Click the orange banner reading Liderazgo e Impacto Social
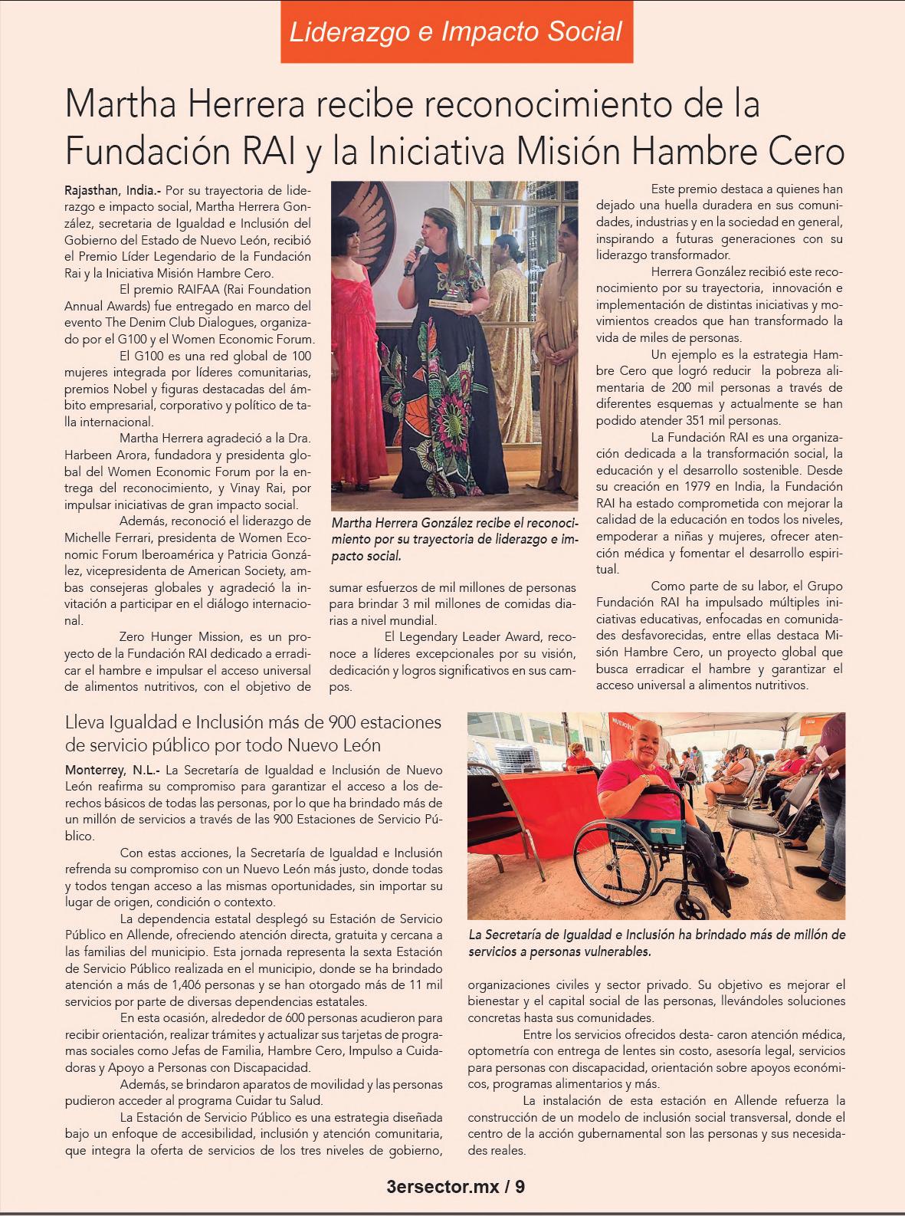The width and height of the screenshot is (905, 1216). pyautogui.click(x=456, y=31)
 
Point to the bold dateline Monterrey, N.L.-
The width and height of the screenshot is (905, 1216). pyautogui.click(x=113, y=769)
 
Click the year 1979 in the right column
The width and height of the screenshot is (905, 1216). pyautogui.click(x=696, y=487)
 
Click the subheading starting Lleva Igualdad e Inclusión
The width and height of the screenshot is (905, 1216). pyautogui.click(x=254, y=733)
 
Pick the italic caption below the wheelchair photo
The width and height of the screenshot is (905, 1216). pyautogui.click(x=656, y=943)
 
